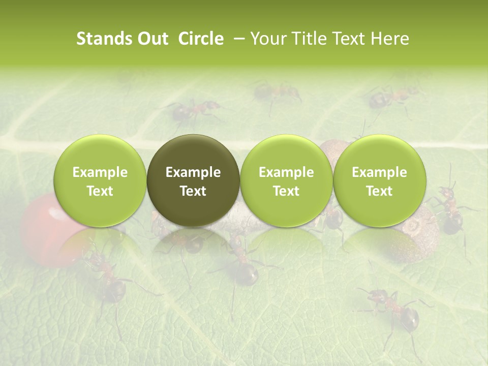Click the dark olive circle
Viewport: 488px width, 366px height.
pyautogui.click(x=193, y=180)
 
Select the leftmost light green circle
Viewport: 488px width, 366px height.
pyautogui.click(x=100, y=180)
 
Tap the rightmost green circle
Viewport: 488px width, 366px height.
pyautogui.click(x=379, y=180)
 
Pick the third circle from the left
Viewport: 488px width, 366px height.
pyautogui.click(x=286, y=180)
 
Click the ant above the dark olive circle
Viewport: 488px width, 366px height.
pyautogui.click(x=196, y=109)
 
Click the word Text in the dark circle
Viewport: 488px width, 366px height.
pyautogui.click(x=193, y=191)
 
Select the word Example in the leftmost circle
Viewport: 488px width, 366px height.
pyautogui.click(x=100, y=172)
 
